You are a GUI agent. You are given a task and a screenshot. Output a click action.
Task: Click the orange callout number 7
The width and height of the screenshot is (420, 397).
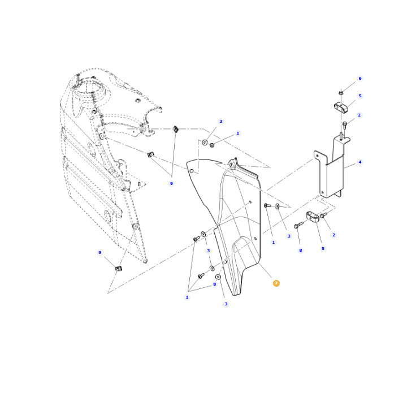(276, 283)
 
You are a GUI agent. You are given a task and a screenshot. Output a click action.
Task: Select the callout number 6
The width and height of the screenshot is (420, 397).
(360, 79)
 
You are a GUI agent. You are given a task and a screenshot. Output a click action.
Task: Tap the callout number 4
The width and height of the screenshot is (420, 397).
(360, 162)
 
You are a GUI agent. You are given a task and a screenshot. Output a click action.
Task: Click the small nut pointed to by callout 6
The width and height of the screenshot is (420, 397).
(341, 92)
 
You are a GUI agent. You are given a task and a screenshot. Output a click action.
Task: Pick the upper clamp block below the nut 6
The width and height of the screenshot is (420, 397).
(341, 106)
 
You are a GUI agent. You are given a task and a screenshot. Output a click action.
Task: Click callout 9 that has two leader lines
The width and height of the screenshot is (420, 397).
(171, 183)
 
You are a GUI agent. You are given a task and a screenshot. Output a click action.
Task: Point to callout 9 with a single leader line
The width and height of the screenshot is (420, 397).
(100, 253)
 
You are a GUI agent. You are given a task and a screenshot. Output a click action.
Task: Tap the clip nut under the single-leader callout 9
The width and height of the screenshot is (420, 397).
(119, 269)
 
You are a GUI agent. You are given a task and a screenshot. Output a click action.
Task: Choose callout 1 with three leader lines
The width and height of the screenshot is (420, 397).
(187, 297)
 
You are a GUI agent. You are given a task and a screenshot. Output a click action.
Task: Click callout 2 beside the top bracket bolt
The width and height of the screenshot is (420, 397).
(359, 115)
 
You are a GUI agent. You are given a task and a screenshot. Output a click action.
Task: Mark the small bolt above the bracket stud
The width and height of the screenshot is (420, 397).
(344, 124)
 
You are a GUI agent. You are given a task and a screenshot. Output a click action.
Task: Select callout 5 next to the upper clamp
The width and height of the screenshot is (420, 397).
(360, 96)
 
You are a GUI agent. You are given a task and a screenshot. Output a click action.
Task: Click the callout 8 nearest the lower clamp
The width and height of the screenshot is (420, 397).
(300, 250)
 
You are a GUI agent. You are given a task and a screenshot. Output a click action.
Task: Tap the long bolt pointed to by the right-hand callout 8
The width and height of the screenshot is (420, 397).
(298, 226)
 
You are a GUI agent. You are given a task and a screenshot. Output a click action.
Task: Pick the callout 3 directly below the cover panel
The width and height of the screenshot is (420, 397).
(226, 304)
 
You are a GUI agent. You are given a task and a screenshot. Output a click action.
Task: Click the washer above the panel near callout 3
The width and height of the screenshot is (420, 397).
(205, 143)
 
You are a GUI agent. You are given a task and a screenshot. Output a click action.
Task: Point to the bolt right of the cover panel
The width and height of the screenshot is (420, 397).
(267, 206)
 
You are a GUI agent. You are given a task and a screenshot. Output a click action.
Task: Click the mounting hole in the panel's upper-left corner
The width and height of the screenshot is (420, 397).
(192, 171)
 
